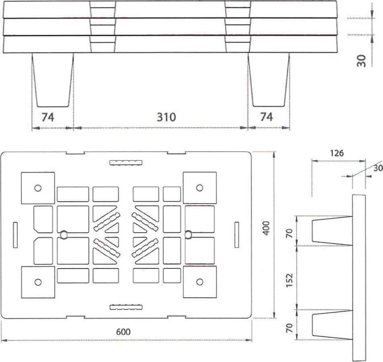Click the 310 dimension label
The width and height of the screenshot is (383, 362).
(x=166, y=117)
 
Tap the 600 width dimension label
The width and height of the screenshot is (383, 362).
(x=123, y=332)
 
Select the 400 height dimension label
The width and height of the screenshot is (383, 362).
(x=266, y=228)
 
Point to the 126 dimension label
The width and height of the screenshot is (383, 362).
(x=337, y=153)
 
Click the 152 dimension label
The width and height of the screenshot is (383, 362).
(x=289, y=280)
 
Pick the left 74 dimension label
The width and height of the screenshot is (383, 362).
(x=48, y=117)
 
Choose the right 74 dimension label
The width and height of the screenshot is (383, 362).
(x=267, y=117)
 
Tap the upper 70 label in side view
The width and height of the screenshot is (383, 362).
(x=289, y=233)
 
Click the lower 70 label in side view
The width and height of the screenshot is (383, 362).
(x=289, y=328)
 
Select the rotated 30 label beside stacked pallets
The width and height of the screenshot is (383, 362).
(x=361, y=61)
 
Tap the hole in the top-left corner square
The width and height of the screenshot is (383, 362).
(x=38, y=188)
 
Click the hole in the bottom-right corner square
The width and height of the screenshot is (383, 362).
(x=200, y=282)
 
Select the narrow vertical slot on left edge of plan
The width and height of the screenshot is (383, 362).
(x=15, y=235)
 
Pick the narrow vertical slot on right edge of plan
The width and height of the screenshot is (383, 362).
(x=237, y=235)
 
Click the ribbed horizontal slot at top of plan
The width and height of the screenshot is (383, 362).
(x=126, y=163)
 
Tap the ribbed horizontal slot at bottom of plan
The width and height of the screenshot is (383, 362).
(x=126, y=307)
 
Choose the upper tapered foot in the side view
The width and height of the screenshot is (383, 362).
(x=332, y=231)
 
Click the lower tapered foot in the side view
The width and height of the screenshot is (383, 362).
(x=332, y=325)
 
